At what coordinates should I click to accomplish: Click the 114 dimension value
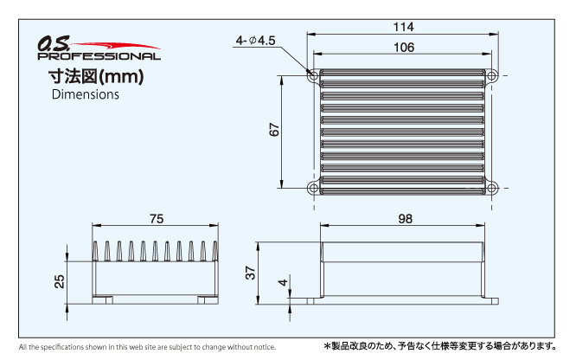point(403,27)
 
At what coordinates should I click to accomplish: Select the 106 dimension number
point(404,48)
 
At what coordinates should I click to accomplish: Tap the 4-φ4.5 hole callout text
point(255,41)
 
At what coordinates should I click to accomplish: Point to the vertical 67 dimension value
point(274,130)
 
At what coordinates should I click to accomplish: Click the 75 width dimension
point(157,219)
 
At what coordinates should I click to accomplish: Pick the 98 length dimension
point(405,219)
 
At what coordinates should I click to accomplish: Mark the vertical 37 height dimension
point(250,273)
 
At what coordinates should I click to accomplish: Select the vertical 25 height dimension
point(59,281)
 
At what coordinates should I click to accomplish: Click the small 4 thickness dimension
point(283,282)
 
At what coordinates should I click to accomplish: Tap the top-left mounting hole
point(313,76)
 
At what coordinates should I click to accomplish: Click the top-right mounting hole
point(491,76)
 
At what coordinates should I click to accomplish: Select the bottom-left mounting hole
point(313,189)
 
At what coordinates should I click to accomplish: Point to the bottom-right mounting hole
point(491,189)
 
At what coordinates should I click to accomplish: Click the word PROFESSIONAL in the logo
point(99,56)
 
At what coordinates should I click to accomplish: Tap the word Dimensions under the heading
point(86,94)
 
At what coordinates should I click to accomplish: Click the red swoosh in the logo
point(115,47)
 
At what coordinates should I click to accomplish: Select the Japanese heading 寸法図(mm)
point(96,76)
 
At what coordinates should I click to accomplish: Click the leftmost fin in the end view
point(95,251)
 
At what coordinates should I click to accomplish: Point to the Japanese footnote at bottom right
point(440,346)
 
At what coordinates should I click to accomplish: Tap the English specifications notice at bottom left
point(147,347)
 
